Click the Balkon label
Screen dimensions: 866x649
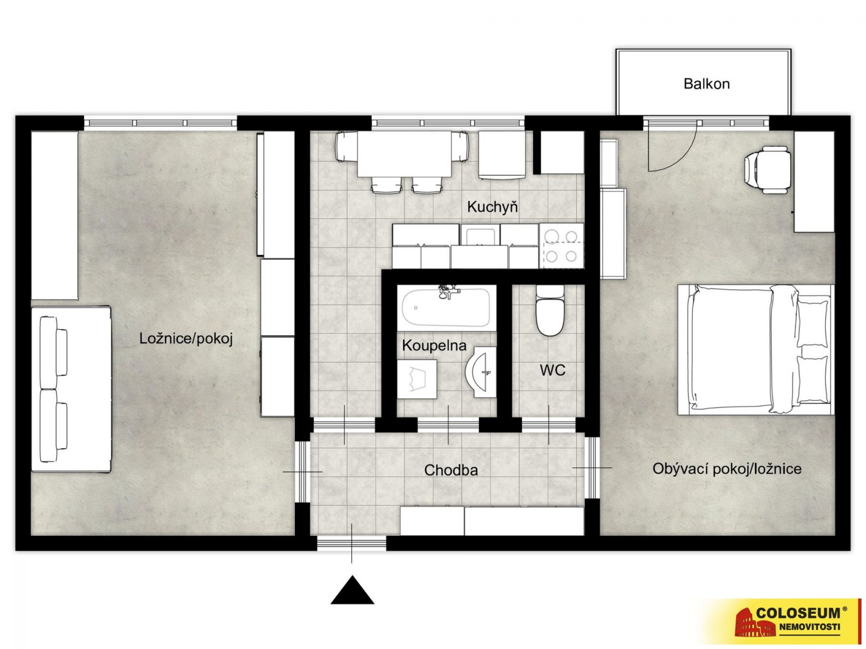click(x=706, y=84)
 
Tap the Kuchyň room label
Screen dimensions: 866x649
click(x=492, y=207)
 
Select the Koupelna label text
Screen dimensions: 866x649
click(x=434, y=346)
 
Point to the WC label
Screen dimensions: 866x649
click(x=553, y=370)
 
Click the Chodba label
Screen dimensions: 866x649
click(x=451, y=470)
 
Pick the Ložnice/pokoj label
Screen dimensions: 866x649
click(x=186, y=339)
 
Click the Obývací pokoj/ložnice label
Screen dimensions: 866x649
click(x=727, y=469)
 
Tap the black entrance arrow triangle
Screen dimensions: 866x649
click(x=352, y=590)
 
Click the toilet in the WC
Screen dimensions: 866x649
click(x=549, y=310)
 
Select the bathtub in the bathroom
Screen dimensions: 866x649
click(x=446, y=308)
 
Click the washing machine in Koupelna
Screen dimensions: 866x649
click(x=417, y=379)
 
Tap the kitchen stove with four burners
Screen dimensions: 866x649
click(x=561, y=246)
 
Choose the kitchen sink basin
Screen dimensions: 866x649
click(x=480, y=235)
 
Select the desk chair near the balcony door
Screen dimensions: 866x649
click(x=763, y=170)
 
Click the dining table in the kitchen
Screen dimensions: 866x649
click(x=404, y=154)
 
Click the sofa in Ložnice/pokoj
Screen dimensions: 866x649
click(x=71, y=389)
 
